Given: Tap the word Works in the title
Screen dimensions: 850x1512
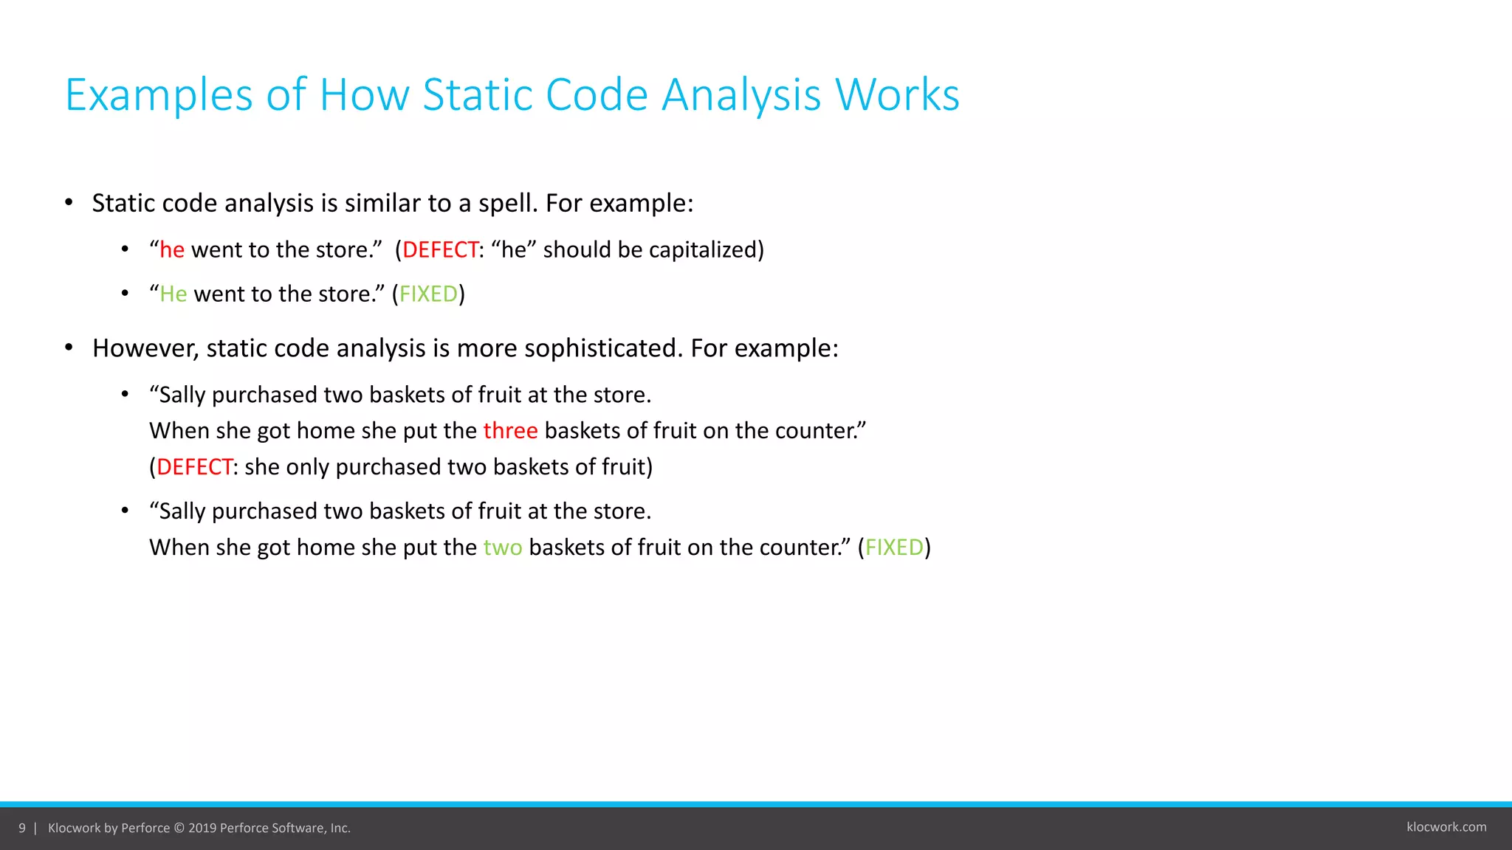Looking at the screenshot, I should pyautogui.click(x=897, y=95).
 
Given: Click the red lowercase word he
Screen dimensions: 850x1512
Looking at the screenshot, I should pyautogui.click(x=172, y=250).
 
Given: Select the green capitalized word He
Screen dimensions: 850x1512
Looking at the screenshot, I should pyautogui.click(x=173, y=294).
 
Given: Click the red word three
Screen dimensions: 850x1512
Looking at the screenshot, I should pyautogui.click(x=510, y=431).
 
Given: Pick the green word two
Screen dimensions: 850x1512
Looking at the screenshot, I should pyautogui.click(x=503, y=547).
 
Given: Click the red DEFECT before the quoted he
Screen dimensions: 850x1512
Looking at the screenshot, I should pyautogui.click(x=441, y=250).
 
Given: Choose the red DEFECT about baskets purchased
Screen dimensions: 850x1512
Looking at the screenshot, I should pyautogui.click(x=195, y=467).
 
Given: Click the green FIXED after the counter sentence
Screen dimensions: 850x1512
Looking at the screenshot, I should pyautogui.click(x=894, y=547).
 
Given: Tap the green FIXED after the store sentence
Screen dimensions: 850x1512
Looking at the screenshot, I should pyautogui.click(x=428, y=294).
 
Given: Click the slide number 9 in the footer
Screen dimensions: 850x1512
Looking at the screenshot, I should pyautogui.click(x=22, y=828).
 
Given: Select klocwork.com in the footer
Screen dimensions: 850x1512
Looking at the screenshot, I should pyautogui.click(x=1446, y=827).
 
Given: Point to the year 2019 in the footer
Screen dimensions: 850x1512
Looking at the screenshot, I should pyautogui.click(x=202, y=828).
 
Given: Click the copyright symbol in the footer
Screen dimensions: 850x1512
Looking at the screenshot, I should pyautogui.click(x=179, y=828).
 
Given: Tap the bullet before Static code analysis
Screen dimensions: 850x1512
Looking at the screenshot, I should pyautogui.click(x=69, y=203).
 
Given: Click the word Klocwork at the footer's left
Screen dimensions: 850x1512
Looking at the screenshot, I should pyautogui.click(x=74, y=828).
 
